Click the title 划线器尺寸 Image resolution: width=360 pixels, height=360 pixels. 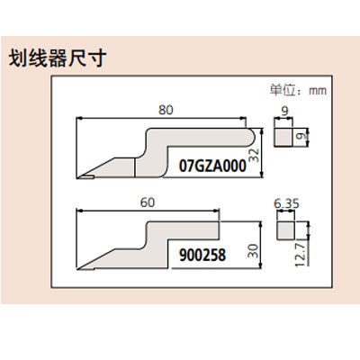click(x=58, y=58)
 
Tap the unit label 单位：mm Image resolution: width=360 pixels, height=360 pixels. click(x=298, y=90)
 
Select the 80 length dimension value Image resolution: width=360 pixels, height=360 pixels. click(x=166, y=110)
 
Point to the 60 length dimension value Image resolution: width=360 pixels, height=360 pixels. click(x=148, y=202)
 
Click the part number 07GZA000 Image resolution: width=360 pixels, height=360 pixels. click(x=212, y=166)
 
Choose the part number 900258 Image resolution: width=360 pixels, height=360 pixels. click(x=202, y=256)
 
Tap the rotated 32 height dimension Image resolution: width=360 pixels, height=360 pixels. click(x=254, y=156)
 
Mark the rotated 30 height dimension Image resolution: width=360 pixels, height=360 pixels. click(x=254, y=251)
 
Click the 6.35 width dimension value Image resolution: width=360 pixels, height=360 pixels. click(x=286, y=204)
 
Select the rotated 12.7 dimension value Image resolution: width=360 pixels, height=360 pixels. click(x=300, y=255)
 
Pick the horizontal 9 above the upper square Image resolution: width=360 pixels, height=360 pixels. click(x=284, y=111)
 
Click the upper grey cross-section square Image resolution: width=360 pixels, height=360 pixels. click(x=283, y=137)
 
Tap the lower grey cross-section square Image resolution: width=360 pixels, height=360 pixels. click(x=285, y=230)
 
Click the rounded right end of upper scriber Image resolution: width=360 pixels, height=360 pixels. click(x=252, y=137)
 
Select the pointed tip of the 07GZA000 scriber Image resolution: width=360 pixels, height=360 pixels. click(x=77, y=177)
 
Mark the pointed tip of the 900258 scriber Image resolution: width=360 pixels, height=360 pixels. click(x=77, y=268)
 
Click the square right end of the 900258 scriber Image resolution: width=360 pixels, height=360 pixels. click(x=220, y=229)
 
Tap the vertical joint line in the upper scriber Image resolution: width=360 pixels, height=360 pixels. click(x=135, y=168)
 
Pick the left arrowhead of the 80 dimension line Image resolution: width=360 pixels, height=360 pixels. click(x=79, y=118)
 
